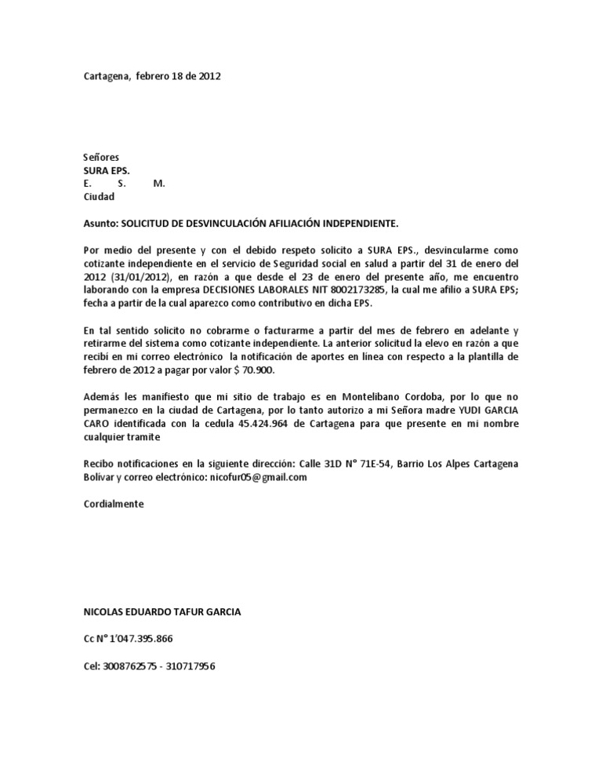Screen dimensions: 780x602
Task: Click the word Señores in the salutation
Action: coord(102,158)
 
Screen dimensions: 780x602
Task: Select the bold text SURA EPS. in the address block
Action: coord(107,170)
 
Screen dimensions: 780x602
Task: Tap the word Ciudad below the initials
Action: coord(100,197)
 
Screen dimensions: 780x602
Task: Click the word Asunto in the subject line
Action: coord(101,224)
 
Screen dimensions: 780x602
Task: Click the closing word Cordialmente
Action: coord(114,504)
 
